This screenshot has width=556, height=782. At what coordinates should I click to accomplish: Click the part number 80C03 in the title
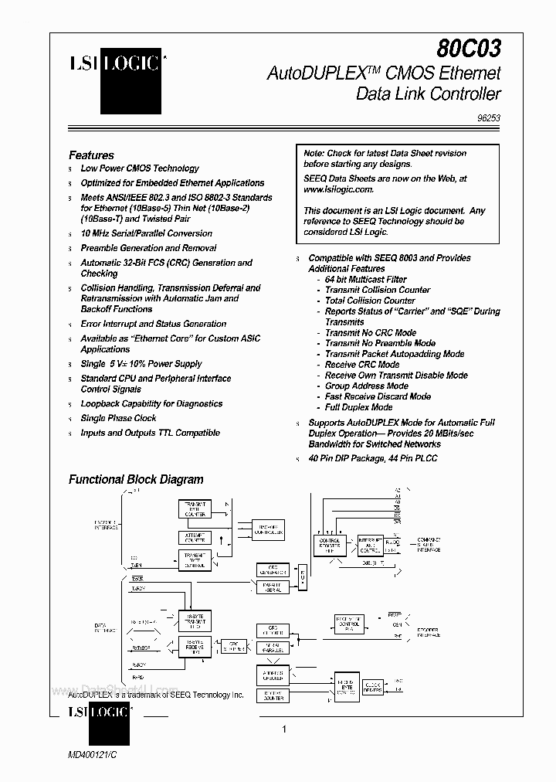click(468, 49)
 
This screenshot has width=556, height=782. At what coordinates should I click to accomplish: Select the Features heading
click(91, 155)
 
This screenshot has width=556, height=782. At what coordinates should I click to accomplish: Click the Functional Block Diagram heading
click(136, 479)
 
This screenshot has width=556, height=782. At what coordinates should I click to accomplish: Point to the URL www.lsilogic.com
click(338, 189)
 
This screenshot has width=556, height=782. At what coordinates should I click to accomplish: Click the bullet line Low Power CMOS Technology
click(140, 168)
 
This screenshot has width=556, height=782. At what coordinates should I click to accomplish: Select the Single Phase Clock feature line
click(118, 418)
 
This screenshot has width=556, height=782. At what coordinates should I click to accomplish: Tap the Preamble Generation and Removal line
click(148, 248)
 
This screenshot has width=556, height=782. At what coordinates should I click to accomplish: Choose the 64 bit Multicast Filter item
click(366, 279)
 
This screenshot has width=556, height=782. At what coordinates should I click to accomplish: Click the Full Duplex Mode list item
click(358, 407)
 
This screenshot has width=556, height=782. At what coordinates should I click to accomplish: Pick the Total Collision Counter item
click(370, 301)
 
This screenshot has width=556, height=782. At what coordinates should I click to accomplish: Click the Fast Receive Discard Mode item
click(378, 396)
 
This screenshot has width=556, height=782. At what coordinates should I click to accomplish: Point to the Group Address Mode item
click(366, 386)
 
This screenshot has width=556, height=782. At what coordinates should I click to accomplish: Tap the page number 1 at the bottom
click(284, 729)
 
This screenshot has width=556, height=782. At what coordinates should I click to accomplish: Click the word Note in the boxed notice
click(314, 153)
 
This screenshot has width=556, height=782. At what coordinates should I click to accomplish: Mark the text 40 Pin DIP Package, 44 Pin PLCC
click(373, 458)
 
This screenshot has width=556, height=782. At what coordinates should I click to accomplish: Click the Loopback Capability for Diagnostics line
click(151, 403)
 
